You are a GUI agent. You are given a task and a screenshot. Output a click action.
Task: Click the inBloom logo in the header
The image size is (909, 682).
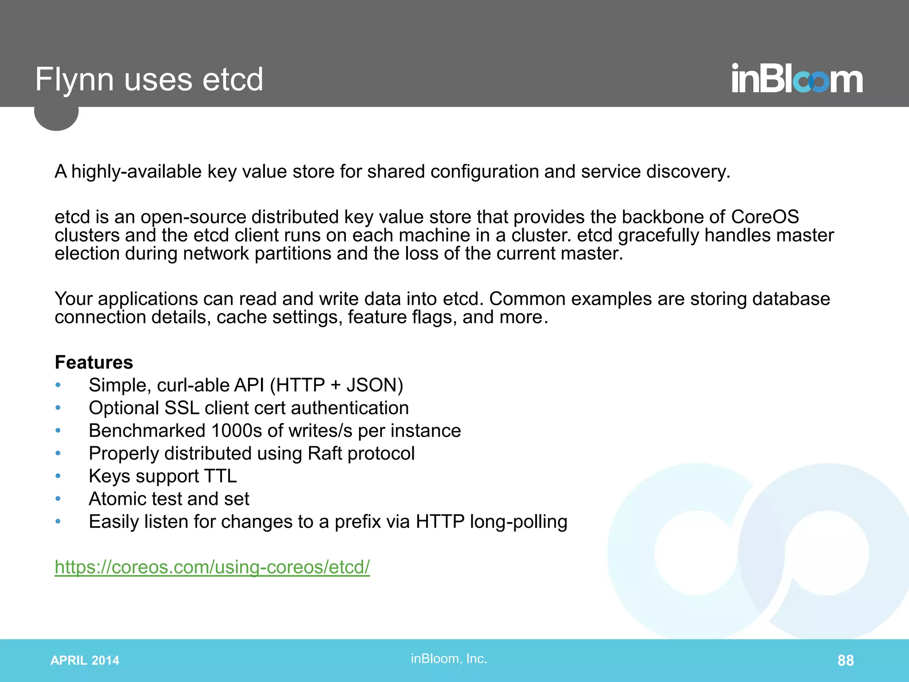pyautogui.click(x=797, y=79)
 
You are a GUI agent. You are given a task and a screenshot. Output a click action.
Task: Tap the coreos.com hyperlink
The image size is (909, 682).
pyautogui.click(x=212, y=567)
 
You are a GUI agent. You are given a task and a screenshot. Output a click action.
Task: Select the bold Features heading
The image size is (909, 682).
pyautogui.click(x=94, y=362)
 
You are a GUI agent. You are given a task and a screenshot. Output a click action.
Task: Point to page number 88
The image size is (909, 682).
pyautogui.click(x=845, y=660)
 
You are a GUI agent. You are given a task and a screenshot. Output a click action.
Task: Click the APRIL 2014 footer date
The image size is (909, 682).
pyautogui.click(x=85, y=660)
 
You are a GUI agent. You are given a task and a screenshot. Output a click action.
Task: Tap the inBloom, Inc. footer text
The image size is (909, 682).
pyautogui.click(x=449, y=658)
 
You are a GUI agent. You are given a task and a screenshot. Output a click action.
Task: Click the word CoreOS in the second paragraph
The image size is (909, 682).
pyautogui.click(x=765, y=217)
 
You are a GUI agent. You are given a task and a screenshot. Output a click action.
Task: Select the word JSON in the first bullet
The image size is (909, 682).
pyautogui.click(x=374, y=385)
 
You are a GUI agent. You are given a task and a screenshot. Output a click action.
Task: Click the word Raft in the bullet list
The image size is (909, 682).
pyautogui.click(x=324, y=453)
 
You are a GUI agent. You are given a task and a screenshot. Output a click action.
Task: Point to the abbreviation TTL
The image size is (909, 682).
pyautogui.click(x=220, y=476)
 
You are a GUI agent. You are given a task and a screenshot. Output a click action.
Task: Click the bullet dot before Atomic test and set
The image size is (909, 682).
pyautogui.click(x=58, y=499)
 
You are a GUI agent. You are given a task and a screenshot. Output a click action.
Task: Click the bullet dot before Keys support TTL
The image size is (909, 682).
pyautogui.click(x=58, y=476)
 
